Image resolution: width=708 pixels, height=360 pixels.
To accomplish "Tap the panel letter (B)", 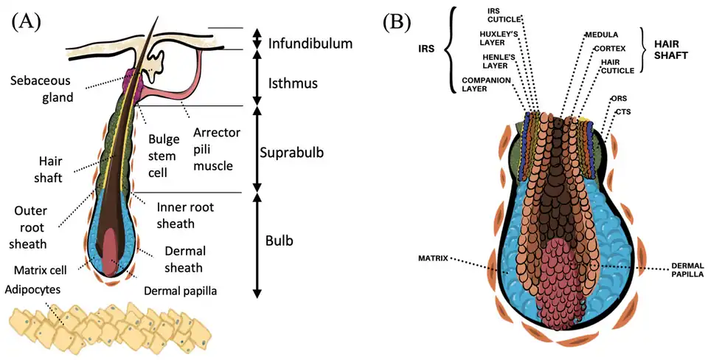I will coord(396,22).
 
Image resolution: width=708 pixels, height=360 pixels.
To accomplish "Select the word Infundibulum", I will coord(310,43).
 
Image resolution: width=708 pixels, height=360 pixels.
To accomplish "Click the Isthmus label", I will coord(293,83).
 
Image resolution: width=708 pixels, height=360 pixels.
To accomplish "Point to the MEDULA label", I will coord(601,34).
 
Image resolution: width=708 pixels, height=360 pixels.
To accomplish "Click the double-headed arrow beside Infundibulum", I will coord(257,39).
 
